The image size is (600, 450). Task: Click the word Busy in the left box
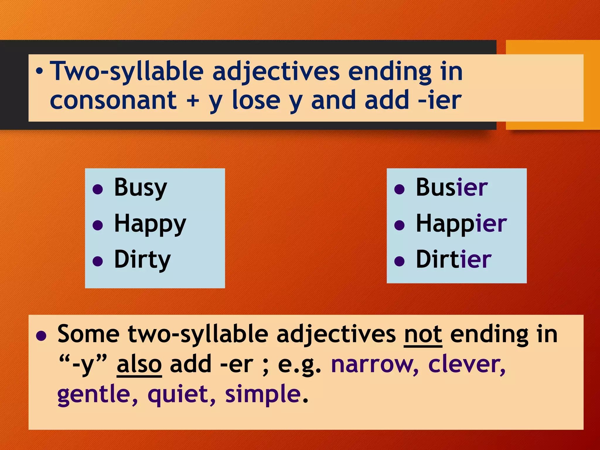pos(140,188)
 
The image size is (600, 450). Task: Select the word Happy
pos(150,224)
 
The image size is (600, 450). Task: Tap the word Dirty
pos(142,260)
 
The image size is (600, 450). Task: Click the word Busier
pos(452,188)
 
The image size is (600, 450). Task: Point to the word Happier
pos(461,224)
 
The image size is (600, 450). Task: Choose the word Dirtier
pos(454,260)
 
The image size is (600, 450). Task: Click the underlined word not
pos(423,335)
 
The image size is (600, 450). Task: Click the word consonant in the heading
pos(113,100)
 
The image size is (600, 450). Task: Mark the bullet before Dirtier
pos(399,261)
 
